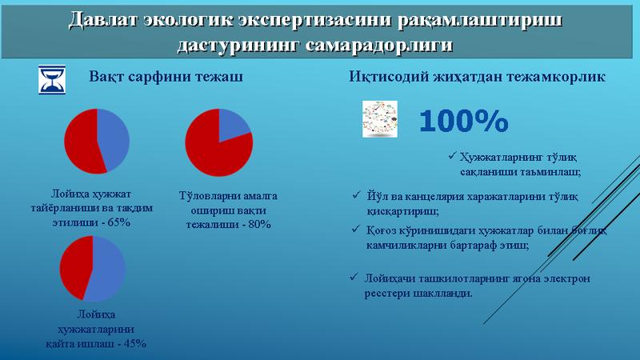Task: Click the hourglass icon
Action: [52, 79]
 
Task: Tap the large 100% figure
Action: [464, 121]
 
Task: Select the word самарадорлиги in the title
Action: [378, 45]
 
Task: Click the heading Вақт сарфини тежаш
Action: [166, 77]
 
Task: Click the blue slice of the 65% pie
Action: [114, 139]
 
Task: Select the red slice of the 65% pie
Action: [84, 142]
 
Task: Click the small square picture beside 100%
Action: [379, 118]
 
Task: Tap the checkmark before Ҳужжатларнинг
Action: [452, 155]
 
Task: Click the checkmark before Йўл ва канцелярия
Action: [356, 195]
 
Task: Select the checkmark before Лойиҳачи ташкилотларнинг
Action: [354, 277]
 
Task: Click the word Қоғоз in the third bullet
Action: [378, 230]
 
